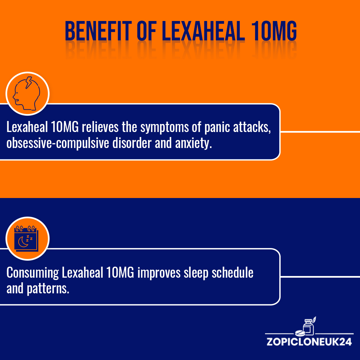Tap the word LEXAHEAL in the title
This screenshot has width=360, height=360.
pyautogui.click(x=203, y=31)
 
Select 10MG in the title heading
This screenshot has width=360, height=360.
pyautogui.click(x=274, y=31)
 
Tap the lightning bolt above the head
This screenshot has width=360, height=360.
pyautogui.click(x=29, y=82)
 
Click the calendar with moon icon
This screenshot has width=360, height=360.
pyautogui.click(x=26, y=239)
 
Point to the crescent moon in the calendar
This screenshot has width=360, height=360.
pyautogui.click(x=23, y=242)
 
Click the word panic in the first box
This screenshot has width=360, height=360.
pyautogui.click(x=217, y=127)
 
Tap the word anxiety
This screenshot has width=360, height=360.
pyautogui.click(x=193, y=143)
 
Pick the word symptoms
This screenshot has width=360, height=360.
pyautogui.click(x=165, y=127)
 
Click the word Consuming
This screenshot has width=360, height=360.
pyautogui.click(x=33, y=273)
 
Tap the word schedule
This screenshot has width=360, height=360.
pyautogui.click(x=233, y=272)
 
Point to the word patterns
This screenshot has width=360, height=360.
pyautogui.click(x=48, y=289)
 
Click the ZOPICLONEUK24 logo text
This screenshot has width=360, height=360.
pyautogui.click(x=309, y=342)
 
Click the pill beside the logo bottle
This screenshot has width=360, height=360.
pyautogui.click(x=300, y=333)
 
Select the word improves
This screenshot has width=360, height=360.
pyautogui.click(x=159, y=273)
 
